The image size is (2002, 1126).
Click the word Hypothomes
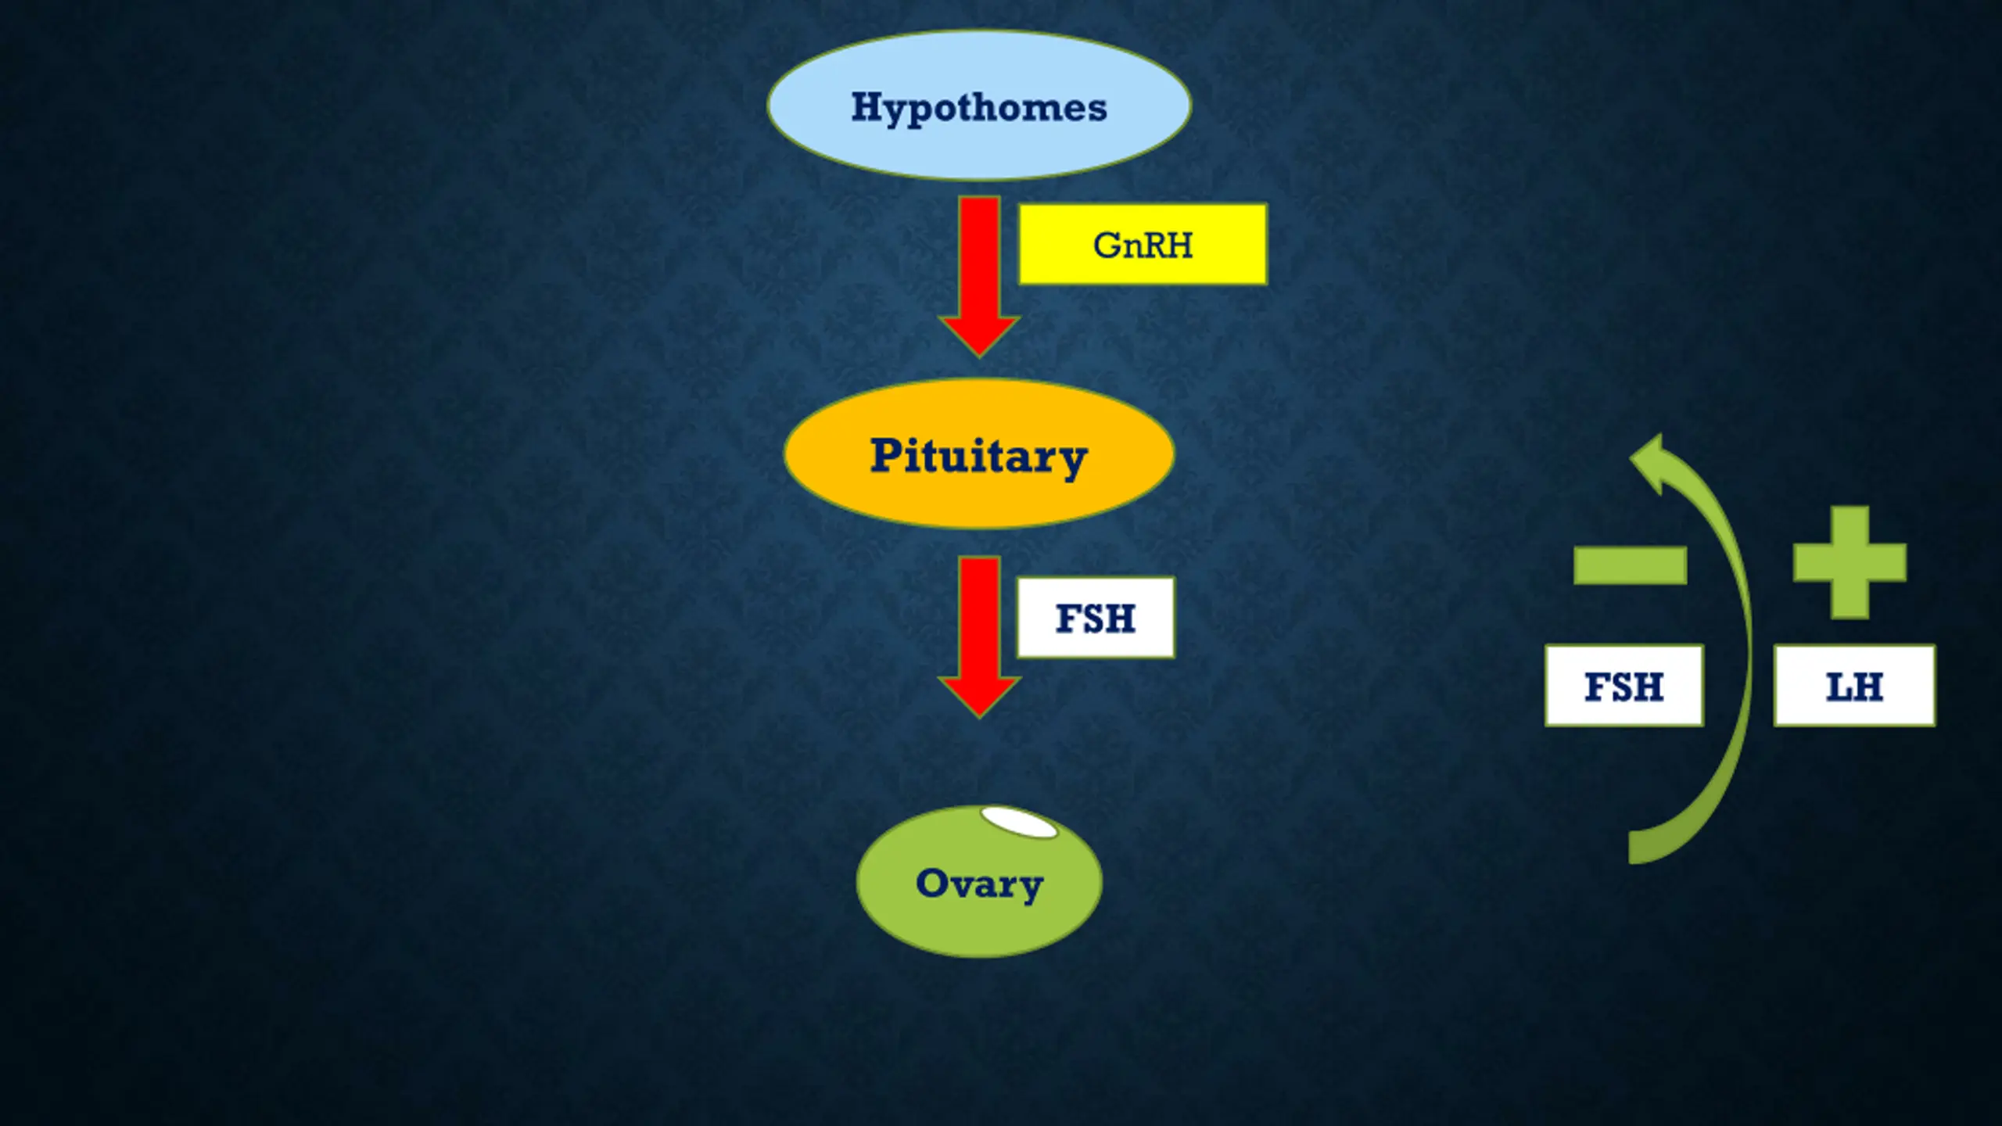tap(978, 108)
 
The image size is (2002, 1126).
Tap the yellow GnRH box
tap(1142, 245)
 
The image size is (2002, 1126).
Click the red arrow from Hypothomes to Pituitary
tap(979, 258)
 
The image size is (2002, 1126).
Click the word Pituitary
tap(978, 456)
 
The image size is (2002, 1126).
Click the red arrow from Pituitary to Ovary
tap(979, 618)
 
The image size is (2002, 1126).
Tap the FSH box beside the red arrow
tap(1095, 618)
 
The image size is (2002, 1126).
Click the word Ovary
tap(978, 884)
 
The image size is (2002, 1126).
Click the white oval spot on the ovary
tap(1019, 823)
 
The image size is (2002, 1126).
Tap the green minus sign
tap(1630, 565)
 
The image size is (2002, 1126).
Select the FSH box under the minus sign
tap(1623, 687)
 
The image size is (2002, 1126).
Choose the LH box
tap(1854, 687)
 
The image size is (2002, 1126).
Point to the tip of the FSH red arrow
tap(979, 712)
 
